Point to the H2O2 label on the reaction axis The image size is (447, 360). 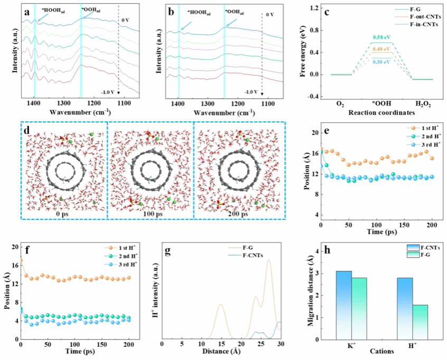(x=421, y=98)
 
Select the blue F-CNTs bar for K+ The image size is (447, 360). (x=343, y=305)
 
